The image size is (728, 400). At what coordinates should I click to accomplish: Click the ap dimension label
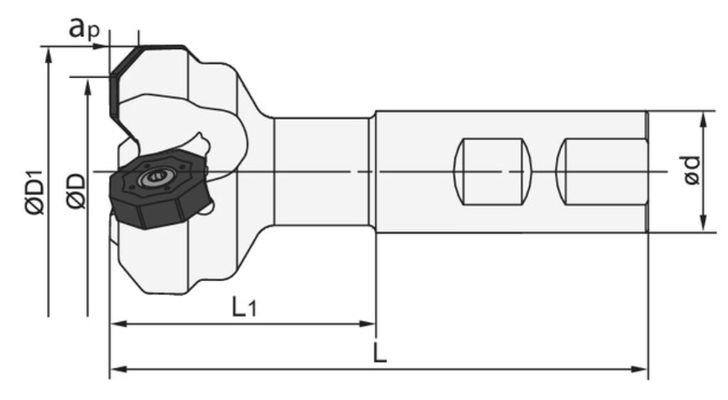pyautogui.click(x=84, y=29)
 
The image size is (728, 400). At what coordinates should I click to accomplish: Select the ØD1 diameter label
pyautogui.click(x=35, y=193)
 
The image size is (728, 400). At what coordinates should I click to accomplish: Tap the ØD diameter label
pyautogui.click(x=75, y=191)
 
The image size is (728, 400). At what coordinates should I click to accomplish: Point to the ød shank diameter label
pyautogui.click(x=692, y=170)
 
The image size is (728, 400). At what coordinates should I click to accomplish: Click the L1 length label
pyautogui.click(x=244, y=307)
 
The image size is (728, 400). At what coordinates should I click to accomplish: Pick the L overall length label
pyautogui.click(x=380, y=353)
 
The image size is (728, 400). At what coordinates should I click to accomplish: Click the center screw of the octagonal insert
pyautogui.click(x=155, y=178)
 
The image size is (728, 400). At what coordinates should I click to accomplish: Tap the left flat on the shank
pyautogui.click(x=493, y=171)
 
